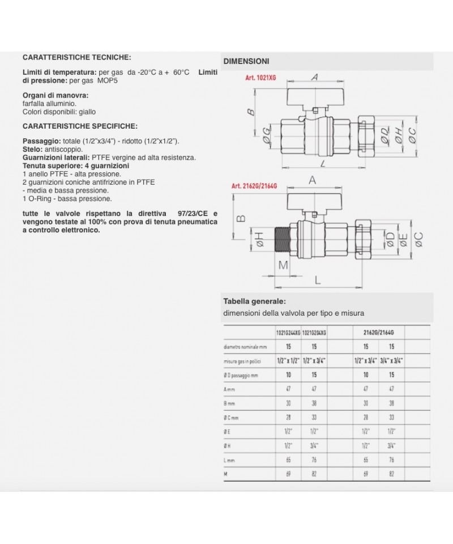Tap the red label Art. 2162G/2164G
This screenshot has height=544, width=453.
pyautogui.click(x=255, y=186)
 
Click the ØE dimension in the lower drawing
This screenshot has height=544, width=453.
pyautogui.click(x=403, y=241)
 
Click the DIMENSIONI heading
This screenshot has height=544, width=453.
pyautogui.click(x=246, y=61)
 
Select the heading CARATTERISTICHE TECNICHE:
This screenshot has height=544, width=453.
pyautogui.click(x=76, y=58)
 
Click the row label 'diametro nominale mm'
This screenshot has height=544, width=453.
pyautogui.click(x=244, y=346)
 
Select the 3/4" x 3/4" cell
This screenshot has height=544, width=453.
pyautogui.click(x=391, y=361)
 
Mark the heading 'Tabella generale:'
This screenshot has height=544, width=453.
pyautogui.click(x=254, y=301)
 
